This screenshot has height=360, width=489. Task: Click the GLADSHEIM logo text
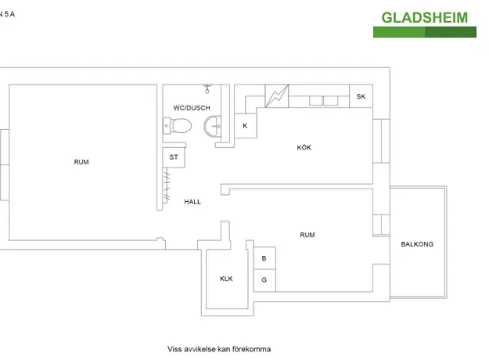point(424,18)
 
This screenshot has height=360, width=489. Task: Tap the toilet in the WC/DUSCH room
point(177,126)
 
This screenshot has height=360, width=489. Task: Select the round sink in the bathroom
point(212,126)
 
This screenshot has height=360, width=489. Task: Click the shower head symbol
point(207,88)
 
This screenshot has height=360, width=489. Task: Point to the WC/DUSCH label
point(192,108)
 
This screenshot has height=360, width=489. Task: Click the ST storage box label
point(174,157)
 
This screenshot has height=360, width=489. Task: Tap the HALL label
point(192,202)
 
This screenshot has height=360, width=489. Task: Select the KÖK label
point(304,147)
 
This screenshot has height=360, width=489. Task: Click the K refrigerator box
point(246,126)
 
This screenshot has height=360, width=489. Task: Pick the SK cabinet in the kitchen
point(361,96)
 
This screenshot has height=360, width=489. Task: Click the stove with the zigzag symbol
point(277,96)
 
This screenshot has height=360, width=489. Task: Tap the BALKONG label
point(417,244)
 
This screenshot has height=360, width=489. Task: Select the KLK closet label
point(226,279)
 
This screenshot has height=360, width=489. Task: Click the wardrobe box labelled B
point(264,258)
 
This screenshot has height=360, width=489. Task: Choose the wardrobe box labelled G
point(264,280)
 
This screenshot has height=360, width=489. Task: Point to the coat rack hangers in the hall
point(167,185)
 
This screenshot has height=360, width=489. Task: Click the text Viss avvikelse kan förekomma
point(219,349)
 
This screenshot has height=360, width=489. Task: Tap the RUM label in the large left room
point(81,162)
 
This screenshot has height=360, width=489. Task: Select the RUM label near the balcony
point(307,235)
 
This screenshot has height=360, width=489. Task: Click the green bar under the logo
point(424,32)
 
